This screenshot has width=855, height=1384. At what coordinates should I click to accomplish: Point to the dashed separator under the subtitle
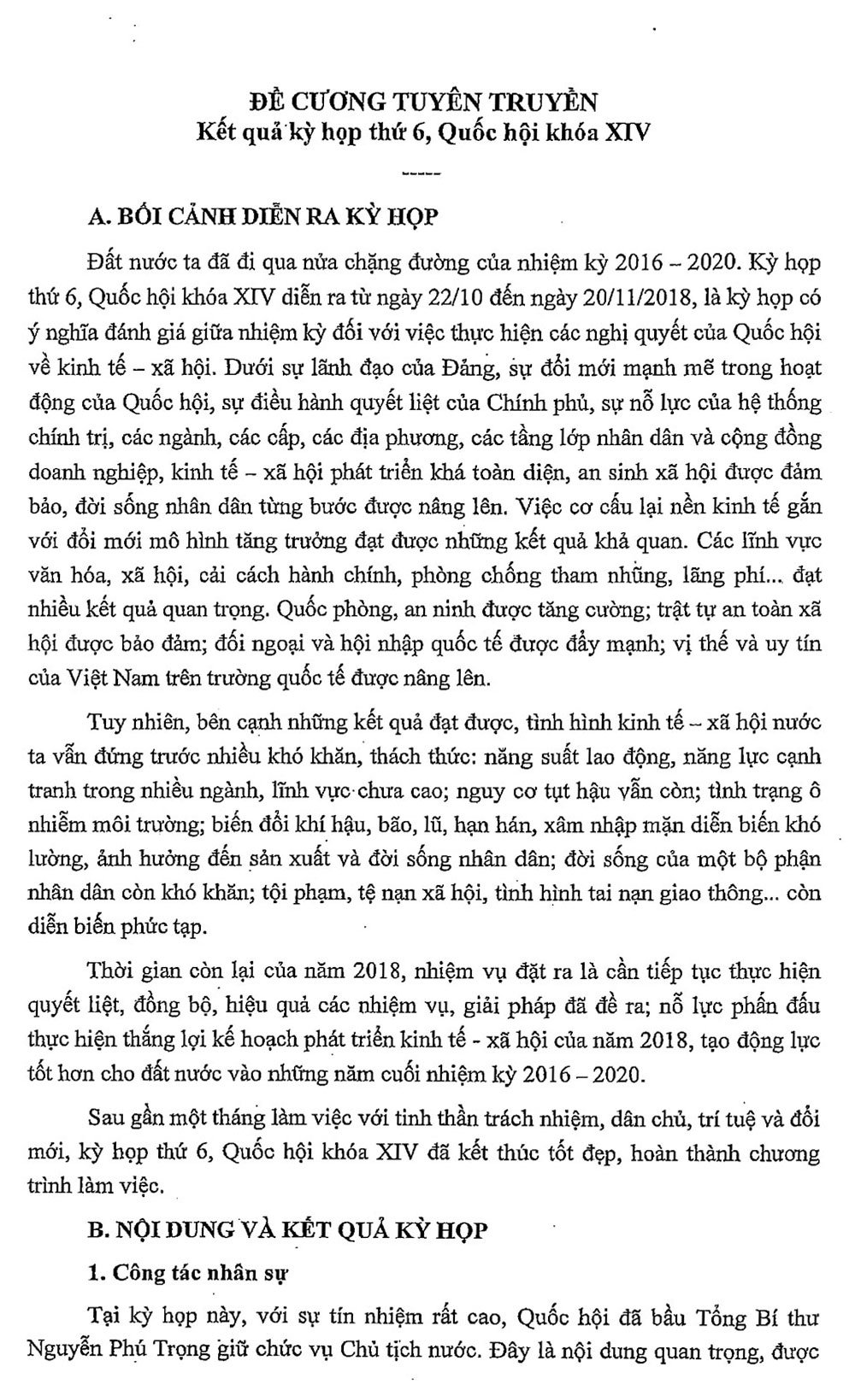pyautogui.click(x=419, y=174)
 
